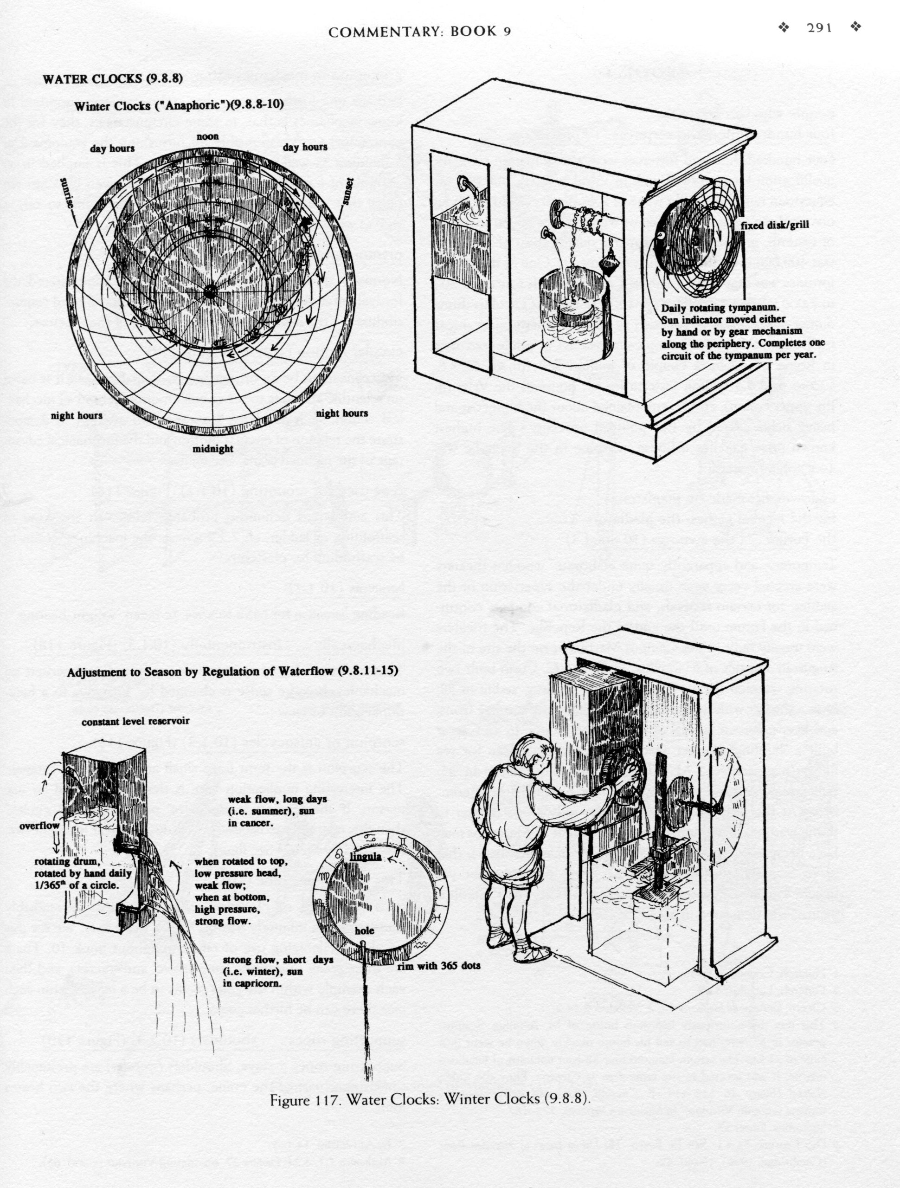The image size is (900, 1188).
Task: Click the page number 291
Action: tap(819, 28)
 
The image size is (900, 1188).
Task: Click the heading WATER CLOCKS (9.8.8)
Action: tap(113, 79)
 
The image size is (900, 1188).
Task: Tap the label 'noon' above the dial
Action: tap(207, 136)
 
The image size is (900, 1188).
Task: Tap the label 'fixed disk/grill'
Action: tap(774, 225)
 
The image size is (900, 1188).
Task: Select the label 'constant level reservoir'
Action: tap(135, 721)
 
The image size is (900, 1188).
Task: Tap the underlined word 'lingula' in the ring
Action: tap(365, 856)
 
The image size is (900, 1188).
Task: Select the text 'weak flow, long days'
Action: tap(277, 799)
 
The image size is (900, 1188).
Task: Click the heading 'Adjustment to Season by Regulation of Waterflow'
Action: tap(232, 671)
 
